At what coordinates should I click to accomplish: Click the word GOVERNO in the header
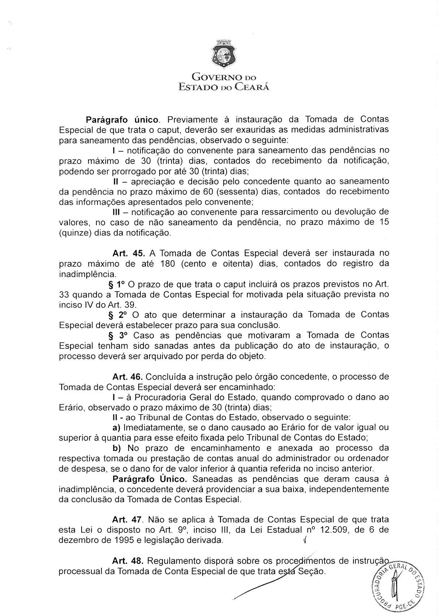(x=214, y=77)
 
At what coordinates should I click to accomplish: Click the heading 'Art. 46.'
(x=128, y=377)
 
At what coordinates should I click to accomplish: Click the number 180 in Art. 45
(x=168, y=264)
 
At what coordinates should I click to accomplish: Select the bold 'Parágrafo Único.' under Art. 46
(x=150, y=479)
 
